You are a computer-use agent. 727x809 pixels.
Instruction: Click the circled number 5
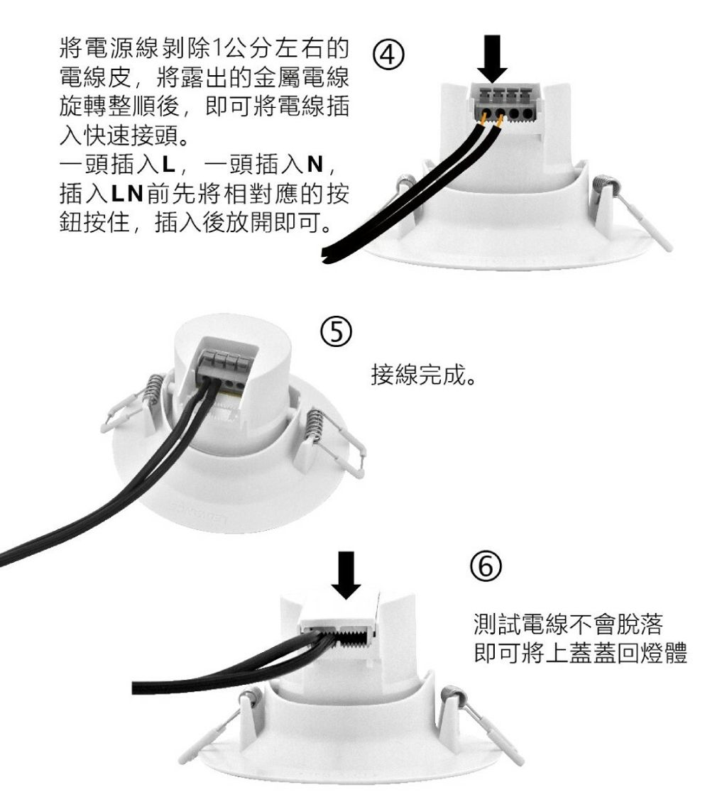click(336, 333)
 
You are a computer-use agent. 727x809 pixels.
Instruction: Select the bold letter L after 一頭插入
click(169, 165)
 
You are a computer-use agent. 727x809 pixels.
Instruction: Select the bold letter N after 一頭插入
click(315, 165)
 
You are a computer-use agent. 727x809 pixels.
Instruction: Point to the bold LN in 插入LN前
click(127, 194)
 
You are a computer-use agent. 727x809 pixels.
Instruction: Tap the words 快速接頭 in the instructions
click(131, 136)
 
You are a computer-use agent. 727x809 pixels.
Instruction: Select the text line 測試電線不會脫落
click(568, 624)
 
